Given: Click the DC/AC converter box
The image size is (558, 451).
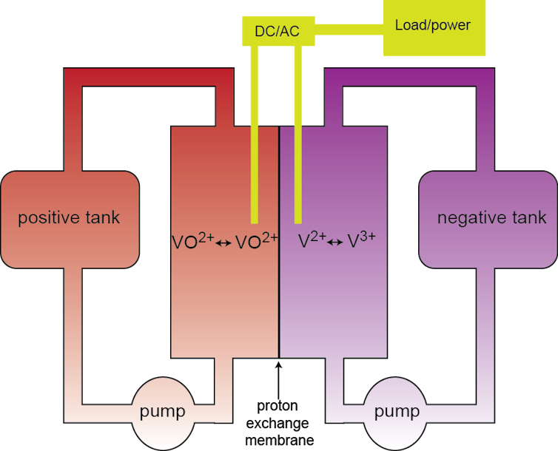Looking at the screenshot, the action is [278, 31].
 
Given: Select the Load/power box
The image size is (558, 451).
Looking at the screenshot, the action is [434, 27].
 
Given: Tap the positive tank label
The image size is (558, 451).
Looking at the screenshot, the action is [69, 217].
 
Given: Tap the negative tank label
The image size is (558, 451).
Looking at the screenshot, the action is [491, 217].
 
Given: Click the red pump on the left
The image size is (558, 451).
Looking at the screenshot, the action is [164, 413].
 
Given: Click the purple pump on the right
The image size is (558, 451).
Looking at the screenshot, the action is [396, 413].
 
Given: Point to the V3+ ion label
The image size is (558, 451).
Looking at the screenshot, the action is [361, 240].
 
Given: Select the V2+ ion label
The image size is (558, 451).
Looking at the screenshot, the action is [312, 240].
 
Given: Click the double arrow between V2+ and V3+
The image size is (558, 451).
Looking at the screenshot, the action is [335, 243].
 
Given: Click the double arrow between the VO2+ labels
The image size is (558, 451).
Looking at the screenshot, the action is [223, 243].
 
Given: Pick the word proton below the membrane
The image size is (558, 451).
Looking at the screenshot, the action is [278, 406].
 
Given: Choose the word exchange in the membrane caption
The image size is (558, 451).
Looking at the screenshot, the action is [278, 423].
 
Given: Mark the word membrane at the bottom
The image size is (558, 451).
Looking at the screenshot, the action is [279, 440].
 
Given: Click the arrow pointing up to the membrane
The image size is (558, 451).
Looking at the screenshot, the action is [279, 379].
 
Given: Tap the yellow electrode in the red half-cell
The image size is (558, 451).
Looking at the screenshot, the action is [255, 135].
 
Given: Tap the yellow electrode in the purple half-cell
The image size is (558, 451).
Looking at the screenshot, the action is [298, 135].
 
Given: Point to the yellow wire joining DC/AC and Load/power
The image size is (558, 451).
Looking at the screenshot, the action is [349, 30].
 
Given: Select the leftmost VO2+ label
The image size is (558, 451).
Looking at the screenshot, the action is [193, 241].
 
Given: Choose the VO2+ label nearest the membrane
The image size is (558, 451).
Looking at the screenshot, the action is [257, 241].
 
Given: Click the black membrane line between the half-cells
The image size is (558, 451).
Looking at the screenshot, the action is [279, 242].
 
